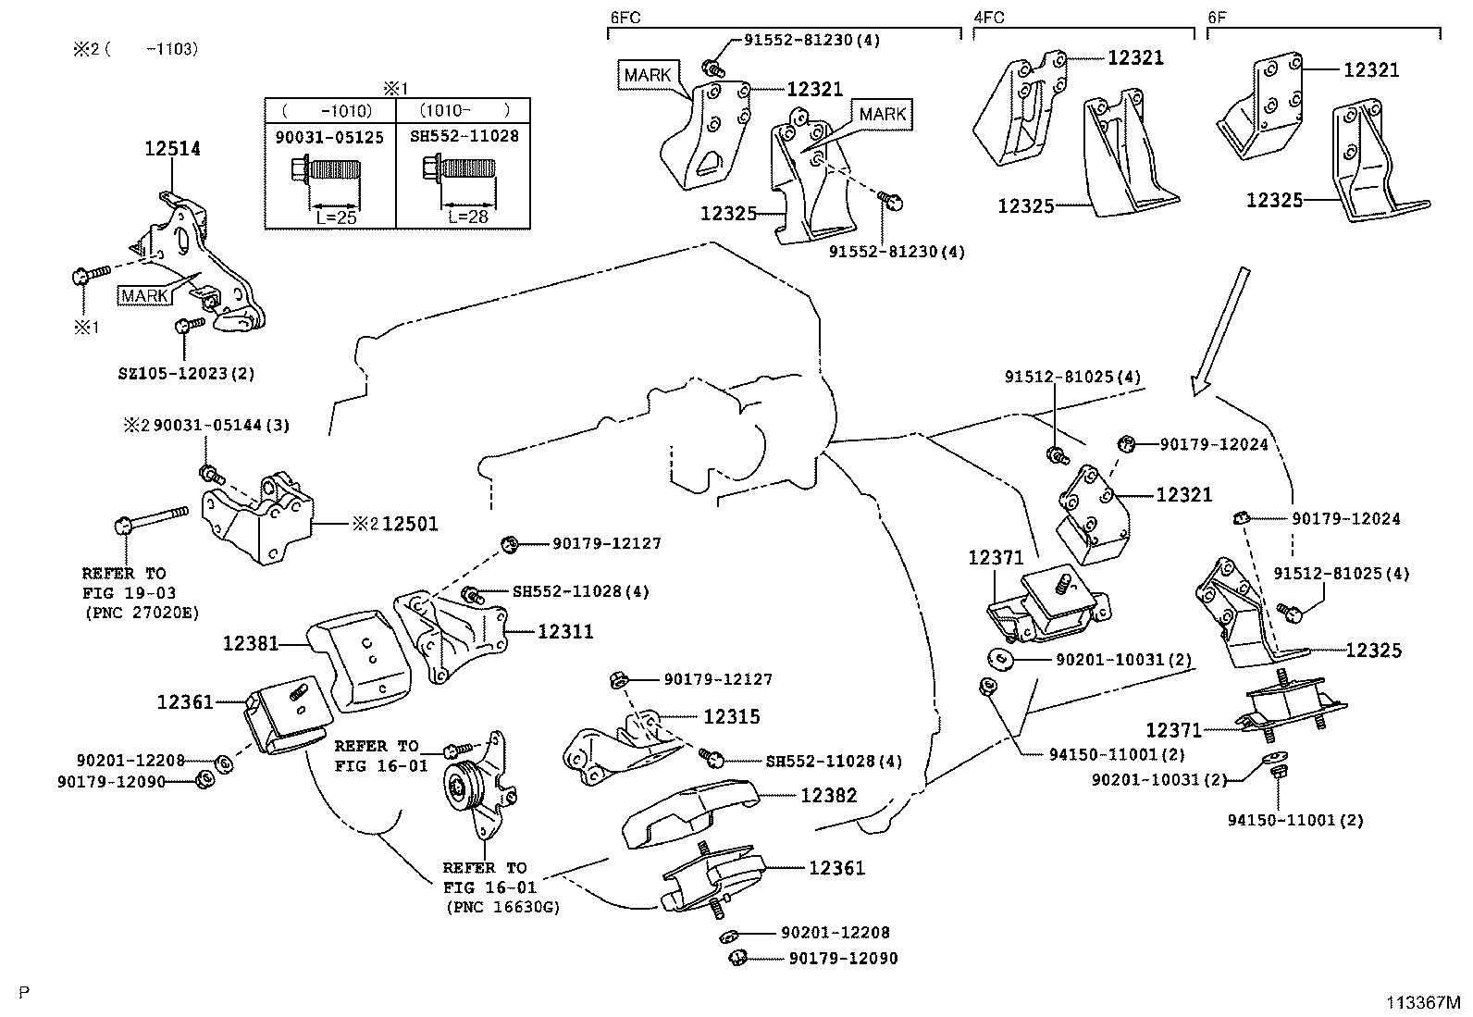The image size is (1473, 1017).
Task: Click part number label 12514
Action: (x=172, y=149)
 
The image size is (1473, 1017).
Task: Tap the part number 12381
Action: (x=250, y=642)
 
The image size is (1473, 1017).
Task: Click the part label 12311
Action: (x=565, y=632)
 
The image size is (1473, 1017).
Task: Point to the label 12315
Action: (x=731, y=716)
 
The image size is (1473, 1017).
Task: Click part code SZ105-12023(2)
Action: (x=186, y=374)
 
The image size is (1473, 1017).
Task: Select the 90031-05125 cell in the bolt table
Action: (x=329, y=136)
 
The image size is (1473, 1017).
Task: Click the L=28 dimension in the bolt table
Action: (x=468, y=217)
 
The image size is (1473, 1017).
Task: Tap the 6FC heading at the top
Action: (x=626, y=17)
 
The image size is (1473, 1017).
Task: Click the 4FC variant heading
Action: (x=989, y=17)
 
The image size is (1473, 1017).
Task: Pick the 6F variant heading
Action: (x=1219, y=17)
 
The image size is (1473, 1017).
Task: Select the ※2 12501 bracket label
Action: (x=395, y=524)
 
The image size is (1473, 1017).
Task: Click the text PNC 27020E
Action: (x=140, y=612)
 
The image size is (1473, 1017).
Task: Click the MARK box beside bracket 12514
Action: (x=144, y=295)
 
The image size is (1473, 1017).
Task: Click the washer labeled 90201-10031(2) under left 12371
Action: (x=999, y=659)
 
